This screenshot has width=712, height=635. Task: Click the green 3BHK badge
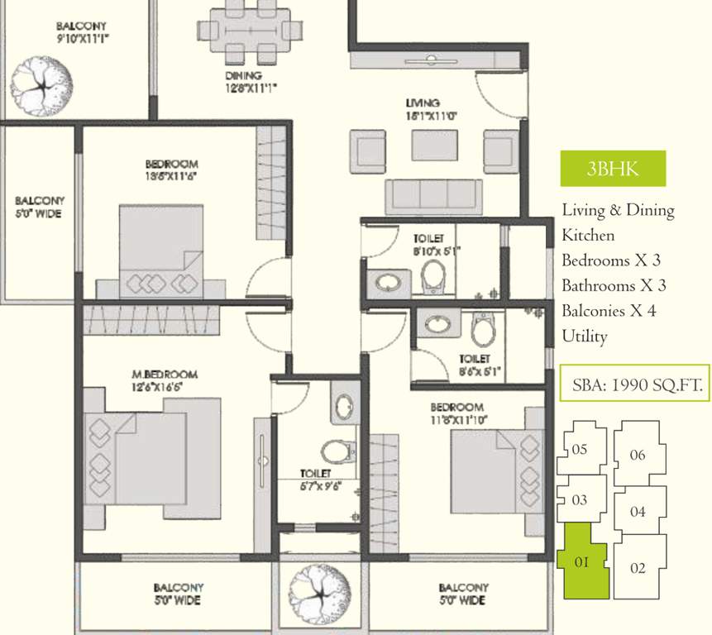[612, 169]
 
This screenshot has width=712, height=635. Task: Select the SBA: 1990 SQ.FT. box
[634, 384]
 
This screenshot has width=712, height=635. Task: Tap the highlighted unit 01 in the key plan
[582, 561]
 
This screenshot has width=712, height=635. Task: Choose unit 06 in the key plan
[638, 454]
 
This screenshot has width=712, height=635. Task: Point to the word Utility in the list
[585, 337]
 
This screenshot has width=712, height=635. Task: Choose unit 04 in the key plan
[637, 512]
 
